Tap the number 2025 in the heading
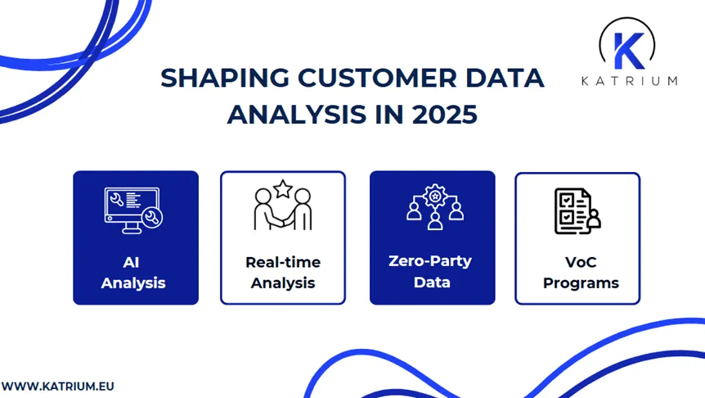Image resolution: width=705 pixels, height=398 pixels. click(x=445, y=115)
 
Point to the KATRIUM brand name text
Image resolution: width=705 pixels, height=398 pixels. click(x=629, y=80)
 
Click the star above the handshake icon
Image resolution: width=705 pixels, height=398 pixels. click(x=283, y=189)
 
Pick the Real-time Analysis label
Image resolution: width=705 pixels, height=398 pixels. click(x=283, y=274)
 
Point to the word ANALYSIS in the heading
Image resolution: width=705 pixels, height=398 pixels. click(x=296, y=115)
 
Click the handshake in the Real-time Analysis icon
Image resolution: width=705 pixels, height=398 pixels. click(x=283, y=219)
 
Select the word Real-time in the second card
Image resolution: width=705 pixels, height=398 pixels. click(x=283, y=263)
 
